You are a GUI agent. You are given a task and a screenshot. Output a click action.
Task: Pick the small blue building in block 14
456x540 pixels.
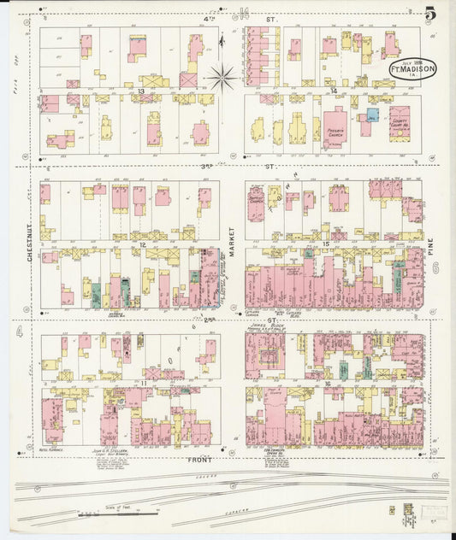[372, 114]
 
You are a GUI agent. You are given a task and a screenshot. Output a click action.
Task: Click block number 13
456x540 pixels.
[140, 90]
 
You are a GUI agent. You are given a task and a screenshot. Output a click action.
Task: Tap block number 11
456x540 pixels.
[140, 384]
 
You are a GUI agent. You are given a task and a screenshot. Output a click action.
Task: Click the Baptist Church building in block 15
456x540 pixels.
[256, 202]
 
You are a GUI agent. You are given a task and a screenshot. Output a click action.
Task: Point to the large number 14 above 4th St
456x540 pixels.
[244, 11]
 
